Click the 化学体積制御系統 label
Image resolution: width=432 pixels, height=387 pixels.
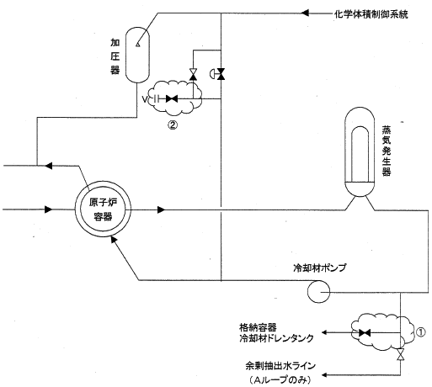(371, 14)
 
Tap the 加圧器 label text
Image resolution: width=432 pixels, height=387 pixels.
(115, 56)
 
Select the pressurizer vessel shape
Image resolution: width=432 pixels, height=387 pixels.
(137, 55)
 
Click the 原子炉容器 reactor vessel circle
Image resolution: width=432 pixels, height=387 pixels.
(103, 209)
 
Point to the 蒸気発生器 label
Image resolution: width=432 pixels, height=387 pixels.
(387, 151)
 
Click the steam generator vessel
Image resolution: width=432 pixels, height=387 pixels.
(360, 151)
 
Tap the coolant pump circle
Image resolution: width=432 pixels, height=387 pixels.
(318, 292)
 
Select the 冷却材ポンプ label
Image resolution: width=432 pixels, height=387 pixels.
(319, 268)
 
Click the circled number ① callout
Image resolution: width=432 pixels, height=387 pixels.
(420, 332)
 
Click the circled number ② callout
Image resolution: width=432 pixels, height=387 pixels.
(173, 125)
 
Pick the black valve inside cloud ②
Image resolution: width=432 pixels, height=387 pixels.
(172, 98)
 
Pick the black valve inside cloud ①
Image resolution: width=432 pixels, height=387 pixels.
(365, 333)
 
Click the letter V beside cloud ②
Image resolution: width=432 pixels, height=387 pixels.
(145, 99)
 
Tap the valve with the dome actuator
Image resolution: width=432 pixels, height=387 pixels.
(218, 74)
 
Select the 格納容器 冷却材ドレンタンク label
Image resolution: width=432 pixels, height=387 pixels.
(276, 333)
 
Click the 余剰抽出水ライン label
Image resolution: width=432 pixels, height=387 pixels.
(280, 366)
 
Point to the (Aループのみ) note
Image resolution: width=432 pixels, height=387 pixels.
(280, 379)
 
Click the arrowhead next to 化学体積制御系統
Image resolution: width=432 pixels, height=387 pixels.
(305, 13)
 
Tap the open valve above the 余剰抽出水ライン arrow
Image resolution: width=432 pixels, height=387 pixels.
(401, 354)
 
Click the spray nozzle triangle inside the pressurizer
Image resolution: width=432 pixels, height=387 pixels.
(137, 44)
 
